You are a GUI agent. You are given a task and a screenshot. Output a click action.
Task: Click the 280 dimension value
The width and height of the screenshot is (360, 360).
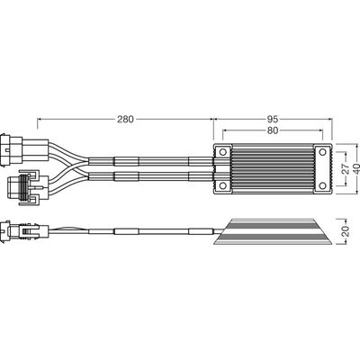(x=125, y=120)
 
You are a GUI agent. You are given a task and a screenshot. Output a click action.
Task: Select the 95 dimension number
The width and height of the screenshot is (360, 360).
(x=273, y=120)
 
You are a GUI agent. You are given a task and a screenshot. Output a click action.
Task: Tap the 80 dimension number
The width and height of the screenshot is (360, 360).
(x=273, y=130)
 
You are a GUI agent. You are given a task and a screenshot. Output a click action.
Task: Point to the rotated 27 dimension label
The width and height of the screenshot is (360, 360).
(x=346, y=168)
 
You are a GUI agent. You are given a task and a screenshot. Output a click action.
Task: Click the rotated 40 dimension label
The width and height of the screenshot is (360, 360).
(x=356, y=168)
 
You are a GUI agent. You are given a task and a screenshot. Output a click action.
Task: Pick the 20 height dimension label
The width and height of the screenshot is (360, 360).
(x=346, y=231)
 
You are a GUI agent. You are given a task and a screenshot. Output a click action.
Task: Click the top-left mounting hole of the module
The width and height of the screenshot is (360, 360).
(x=223, y=152)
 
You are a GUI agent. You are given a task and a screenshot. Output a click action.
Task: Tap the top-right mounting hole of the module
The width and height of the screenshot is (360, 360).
(x=322, y=152)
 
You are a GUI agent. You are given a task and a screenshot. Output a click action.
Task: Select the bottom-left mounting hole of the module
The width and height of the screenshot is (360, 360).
(x=223, y=186)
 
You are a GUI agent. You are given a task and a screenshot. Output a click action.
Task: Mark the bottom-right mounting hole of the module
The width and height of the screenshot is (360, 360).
(x=322, y=186)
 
